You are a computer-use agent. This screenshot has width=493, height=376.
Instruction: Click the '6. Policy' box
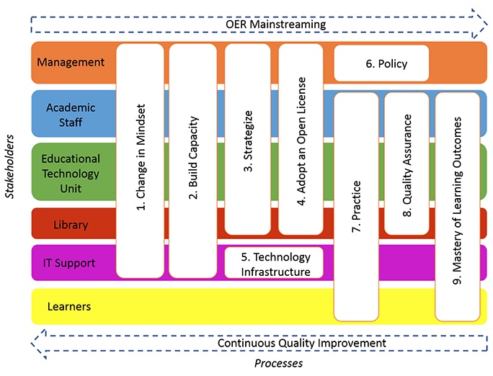pos(381,63)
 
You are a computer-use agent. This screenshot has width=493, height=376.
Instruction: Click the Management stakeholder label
pos(71,62)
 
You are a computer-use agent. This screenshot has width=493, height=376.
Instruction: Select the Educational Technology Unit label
pos(71,174)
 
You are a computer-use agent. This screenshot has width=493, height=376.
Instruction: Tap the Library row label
pos(71,225)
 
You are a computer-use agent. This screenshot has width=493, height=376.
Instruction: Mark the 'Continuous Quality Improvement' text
pos(302,343)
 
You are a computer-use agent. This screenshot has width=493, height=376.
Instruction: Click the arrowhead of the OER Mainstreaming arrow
pos(479,24)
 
